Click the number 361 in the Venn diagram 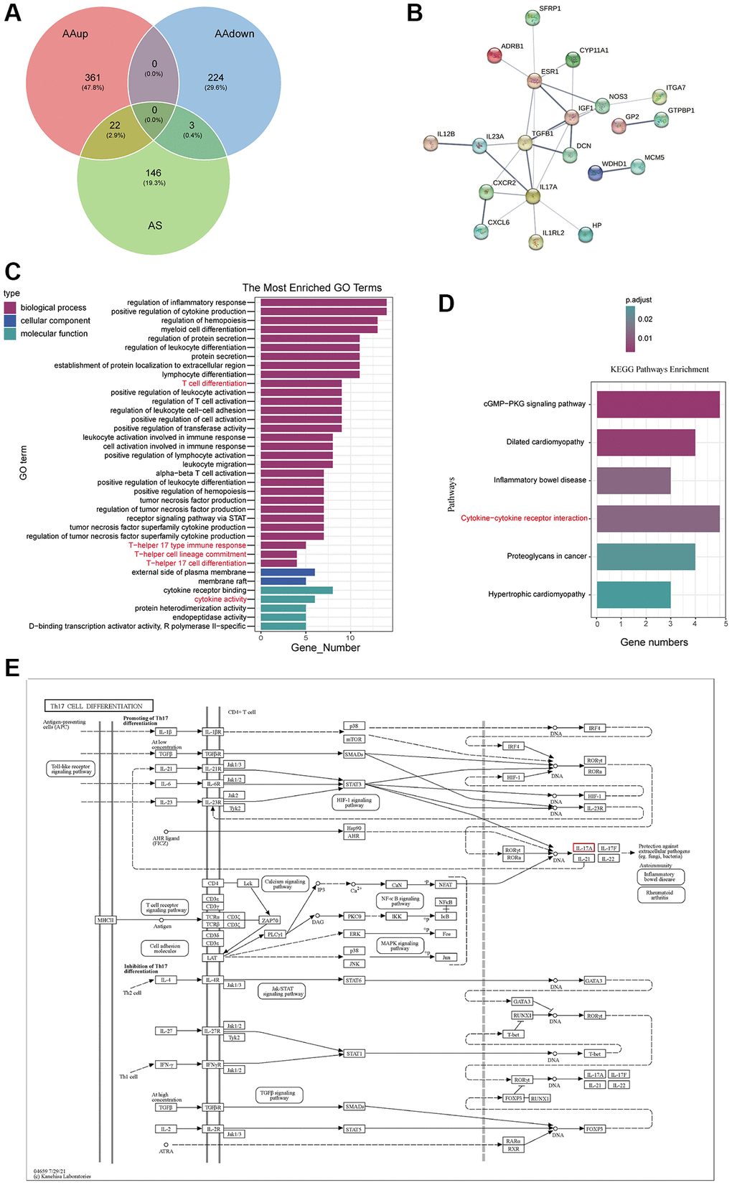pyautogui.click(x=93, y=78)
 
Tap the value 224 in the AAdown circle pyautogui.click(x=215, y=78)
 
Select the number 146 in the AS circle pyautogui.click(x=154, y=173)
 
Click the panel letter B pyautogui.click(x=414, y=14)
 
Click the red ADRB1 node pyautogui.click(x=494, y=55)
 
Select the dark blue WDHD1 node pyautogui.click(x=595, y=173)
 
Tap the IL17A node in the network pyautogui.click(x=532, y=196)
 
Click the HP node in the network pyautogui.click(x=586, y=234)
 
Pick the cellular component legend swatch pyautogui.click(x=10, y=321)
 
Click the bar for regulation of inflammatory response pyautogui.click(x=323, y=303)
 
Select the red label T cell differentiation pyautogui.click(x=214, y=384)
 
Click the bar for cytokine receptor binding pyautogui.click(x=296, y=591)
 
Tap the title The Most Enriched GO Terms pyautogui.click(x=311, y=288)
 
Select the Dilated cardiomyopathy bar pyautogui.click(x=646, y=442)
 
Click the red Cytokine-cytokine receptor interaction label pyautogui.click(x=524, y=518)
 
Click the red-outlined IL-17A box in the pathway pyautogui.click(x=584, y=848)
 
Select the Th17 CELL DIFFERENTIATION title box pyautogui.click(x=99, y=706)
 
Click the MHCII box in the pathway pyautogui.click(x=105, y=919)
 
